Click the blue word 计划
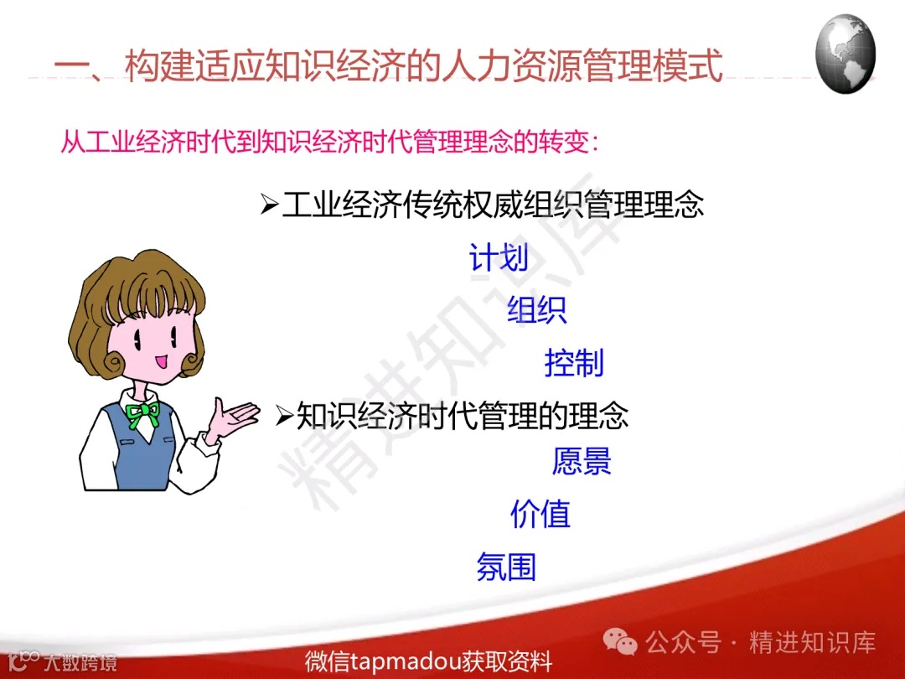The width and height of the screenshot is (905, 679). [x=499, y=258]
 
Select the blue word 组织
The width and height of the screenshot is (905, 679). [x=537, y=310]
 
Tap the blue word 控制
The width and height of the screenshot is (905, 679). [x=574, y=363]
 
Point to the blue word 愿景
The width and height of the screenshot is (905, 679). [x=582, y=461]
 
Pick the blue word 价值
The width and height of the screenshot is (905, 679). [x=540, y=514]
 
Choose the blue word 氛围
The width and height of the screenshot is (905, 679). [x=506, y=567]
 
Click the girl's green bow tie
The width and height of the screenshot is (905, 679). [x=143, y=411]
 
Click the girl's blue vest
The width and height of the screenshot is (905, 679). [x=134, y=453]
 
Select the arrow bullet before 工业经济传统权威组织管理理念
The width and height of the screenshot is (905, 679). [x=269, y=205]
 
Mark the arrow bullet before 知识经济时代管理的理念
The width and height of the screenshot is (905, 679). [x=284, y=415]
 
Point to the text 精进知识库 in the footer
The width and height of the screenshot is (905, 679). [x=812, y=643]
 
